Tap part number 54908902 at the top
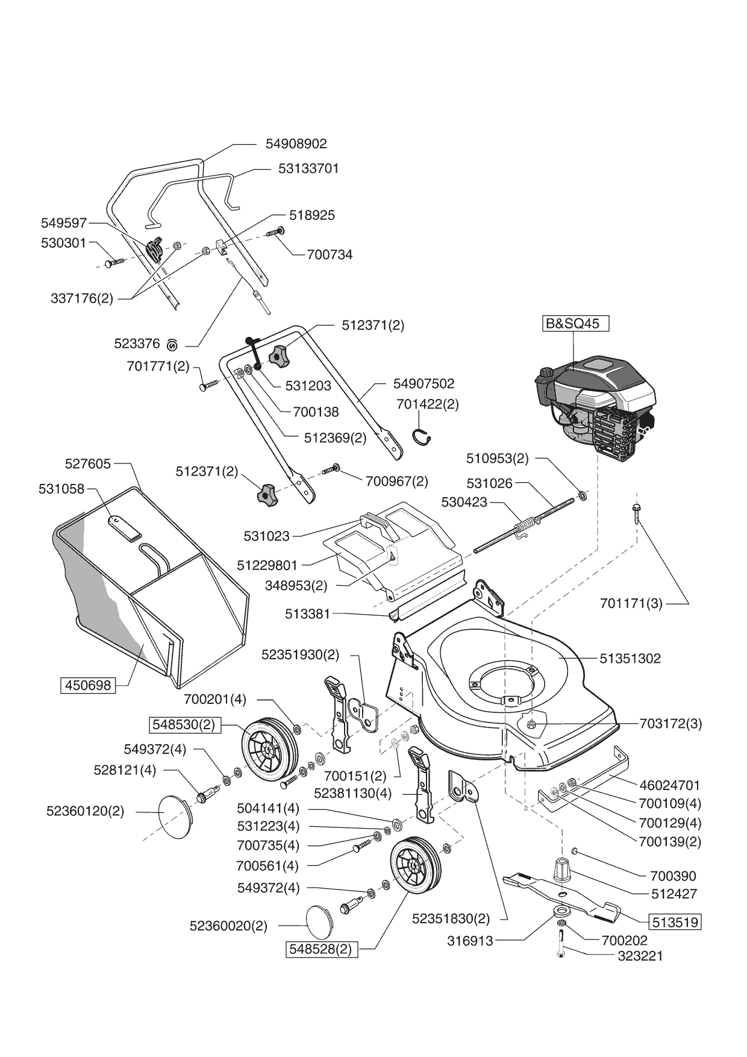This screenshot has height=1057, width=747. point(296,144)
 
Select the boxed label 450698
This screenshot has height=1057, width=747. point(88,685)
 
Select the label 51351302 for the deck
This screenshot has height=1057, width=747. point(630,659)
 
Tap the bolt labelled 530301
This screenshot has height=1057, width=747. point(114,262)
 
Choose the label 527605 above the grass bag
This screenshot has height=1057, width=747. point(88,463)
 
